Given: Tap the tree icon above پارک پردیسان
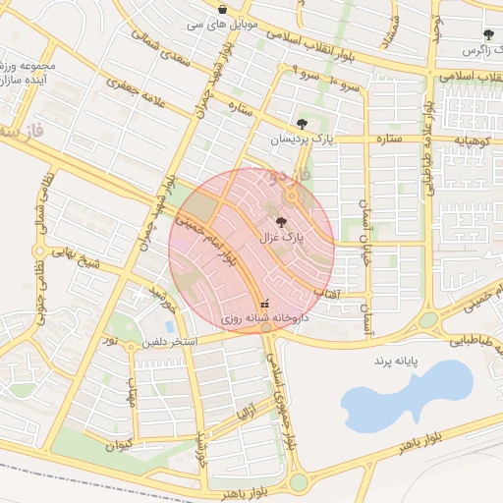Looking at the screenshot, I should click(302, 124).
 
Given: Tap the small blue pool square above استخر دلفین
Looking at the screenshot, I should click(170, 325).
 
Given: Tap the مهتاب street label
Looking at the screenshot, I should click(131, 393).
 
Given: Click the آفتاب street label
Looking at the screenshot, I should click(326, 292).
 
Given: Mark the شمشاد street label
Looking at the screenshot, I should click(390, 30).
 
